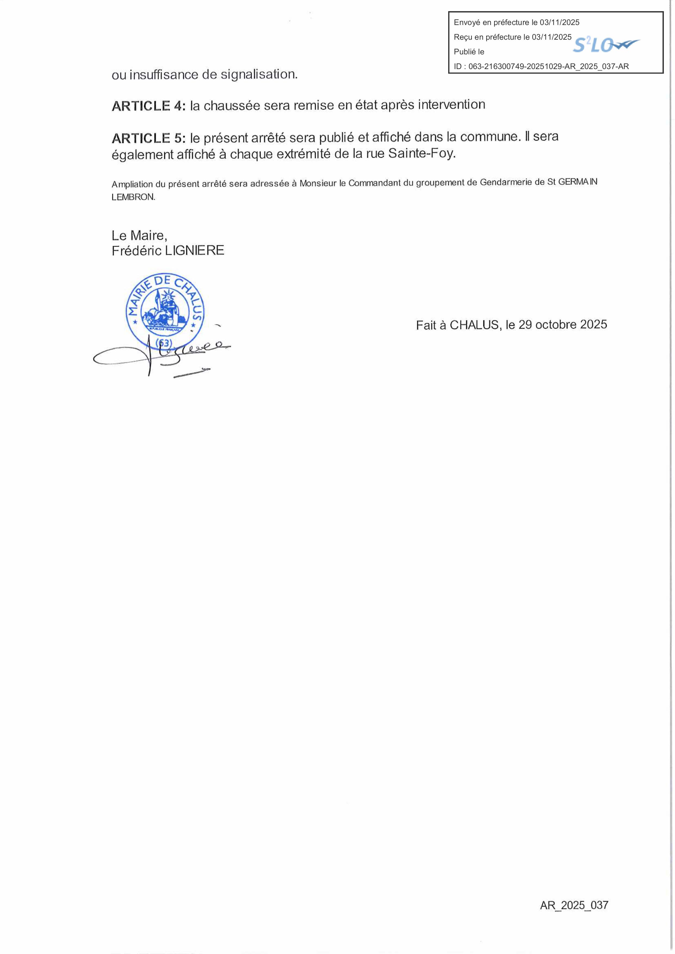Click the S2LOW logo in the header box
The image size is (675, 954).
point(606,45)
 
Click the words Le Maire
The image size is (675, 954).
point(139,236)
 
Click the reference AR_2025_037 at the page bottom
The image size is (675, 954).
point(574,905)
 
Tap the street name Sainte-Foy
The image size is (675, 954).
point(422,154)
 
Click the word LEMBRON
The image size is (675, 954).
point(133,197)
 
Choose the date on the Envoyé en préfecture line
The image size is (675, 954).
point(559,23)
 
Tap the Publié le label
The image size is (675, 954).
point(469,52)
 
